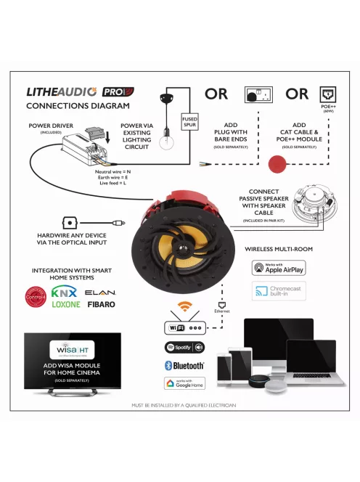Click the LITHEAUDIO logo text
(x=62, y=92)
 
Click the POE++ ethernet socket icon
(x=327, y=94)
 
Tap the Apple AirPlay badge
(x=279, y=268)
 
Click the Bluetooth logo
(x=184, y=365)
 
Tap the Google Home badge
(x=184, y=383)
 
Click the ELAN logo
(x=100, y=292)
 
